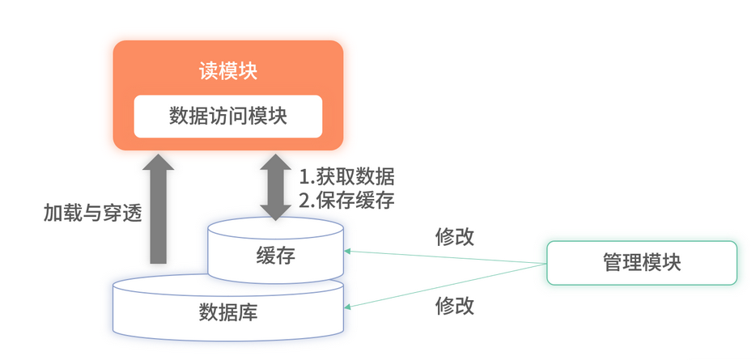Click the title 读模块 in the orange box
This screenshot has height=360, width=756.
(227, 70)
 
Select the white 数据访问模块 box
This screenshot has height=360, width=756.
(227, 116)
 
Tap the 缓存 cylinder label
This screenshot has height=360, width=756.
(275, 256)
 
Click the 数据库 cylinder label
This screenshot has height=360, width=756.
(227, 312)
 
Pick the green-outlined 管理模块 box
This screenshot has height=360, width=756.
(642, 263)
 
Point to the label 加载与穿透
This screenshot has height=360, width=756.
(92, 214)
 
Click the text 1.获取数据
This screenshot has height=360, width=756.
(347, 176)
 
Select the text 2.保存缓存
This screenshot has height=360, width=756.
(347, 201)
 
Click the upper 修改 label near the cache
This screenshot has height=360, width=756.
(454, 237)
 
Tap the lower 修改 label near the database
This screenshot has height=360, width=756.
(454, 306)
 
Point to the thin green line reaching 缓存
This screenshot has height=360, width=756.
(445, 258)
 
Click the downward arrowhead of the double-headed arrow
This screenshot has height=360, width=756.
(276, 212)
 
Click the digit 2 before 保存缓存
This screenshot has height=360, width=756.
(305, 201)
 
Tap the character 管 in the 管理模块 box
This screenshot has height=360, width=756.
(613, 263)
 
